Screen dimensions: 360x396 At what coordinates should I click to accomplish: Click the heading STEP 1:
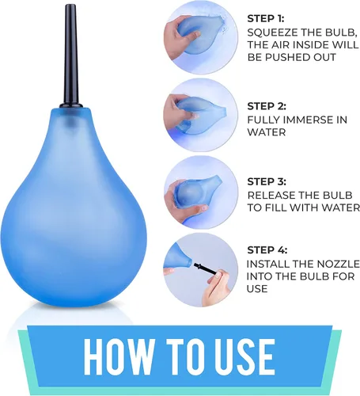[266, 19]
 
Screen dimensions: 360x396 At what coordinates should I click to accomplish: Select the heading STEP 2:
[267, 106]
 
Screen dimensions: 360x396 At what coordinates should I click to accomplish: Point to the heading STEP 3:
[267, 181]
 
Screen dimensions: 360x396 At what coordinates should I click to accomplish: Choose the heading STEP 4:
[267, 249]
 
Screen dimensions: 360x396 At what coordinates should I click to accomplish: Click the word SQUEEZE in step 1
[272, 32]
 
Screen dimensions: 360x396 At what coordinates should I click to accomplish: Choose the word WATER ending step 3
[343, 208]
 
